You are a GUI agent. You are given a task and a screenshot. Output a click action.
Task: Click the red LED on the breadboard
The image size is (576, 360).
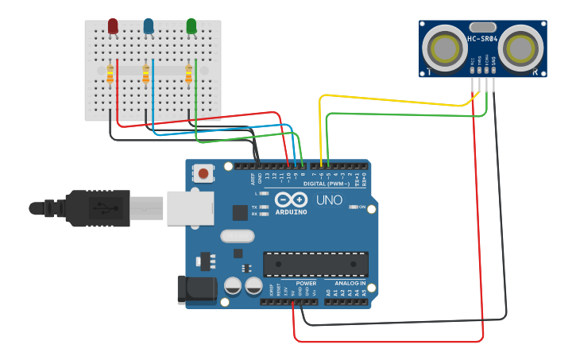113,26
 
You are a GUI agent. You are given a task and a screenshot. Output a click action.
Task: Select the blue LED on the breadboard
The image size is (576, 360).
149,26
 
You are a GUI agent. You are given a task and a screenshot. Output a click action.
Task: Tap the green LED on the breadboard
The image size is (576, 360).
191,26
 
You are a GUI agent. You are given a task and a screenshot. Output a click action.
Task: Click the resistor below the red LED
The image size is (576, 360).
110,74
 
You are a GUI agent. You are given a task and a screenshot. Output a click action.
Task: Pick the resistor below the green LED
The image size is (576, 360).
188,74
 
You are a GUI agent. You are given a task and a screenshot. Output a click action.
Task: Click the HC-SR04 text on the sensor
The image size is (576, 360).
482,39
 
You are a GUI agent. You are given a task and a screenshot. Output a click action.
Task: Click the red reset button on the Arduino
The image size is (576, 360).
204,173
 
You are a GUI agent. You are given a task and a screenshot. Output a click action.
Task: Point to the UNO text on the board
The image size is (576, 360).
329,200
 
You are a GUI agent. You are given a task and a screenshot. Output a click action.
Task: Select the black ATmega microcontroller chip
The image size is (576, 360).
315,264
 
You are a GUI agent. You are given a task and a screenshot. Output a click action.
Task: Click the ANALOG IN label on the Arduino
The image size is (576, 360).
350,283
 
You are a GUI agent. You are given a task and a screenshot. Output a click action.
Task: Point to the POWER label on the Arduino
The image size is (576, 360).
306,283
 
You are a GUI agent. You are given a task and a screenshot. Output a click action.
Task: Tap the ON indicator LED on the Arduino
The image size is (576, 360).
352,207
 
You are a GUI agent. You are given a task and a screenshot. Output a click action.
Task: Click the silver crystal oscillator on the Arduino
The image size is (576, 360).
237,236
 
